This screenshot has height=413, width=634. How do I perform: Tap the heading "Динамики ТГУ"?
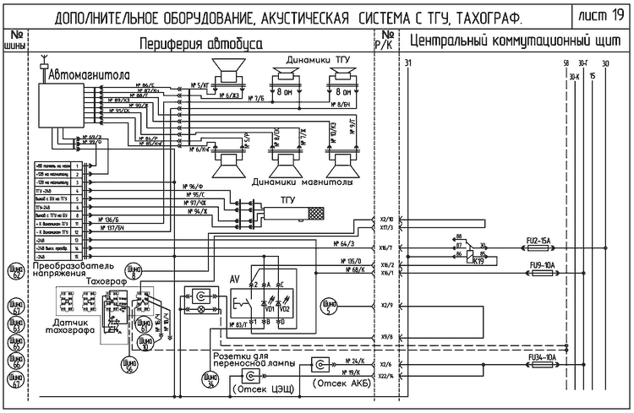coord(317,59)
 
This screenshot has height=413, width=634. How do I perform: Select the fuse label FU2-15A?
coord(538,242)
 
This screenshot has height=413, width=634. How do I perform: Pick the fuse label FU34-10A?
coord(540,358)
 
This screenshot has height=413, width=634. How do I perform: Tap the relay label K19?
coord(478,261)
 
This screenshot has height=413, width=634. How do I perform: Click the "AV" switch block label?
coord(236,278)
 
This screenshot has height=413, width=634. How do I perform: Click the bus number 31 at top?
coord(409,63)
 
